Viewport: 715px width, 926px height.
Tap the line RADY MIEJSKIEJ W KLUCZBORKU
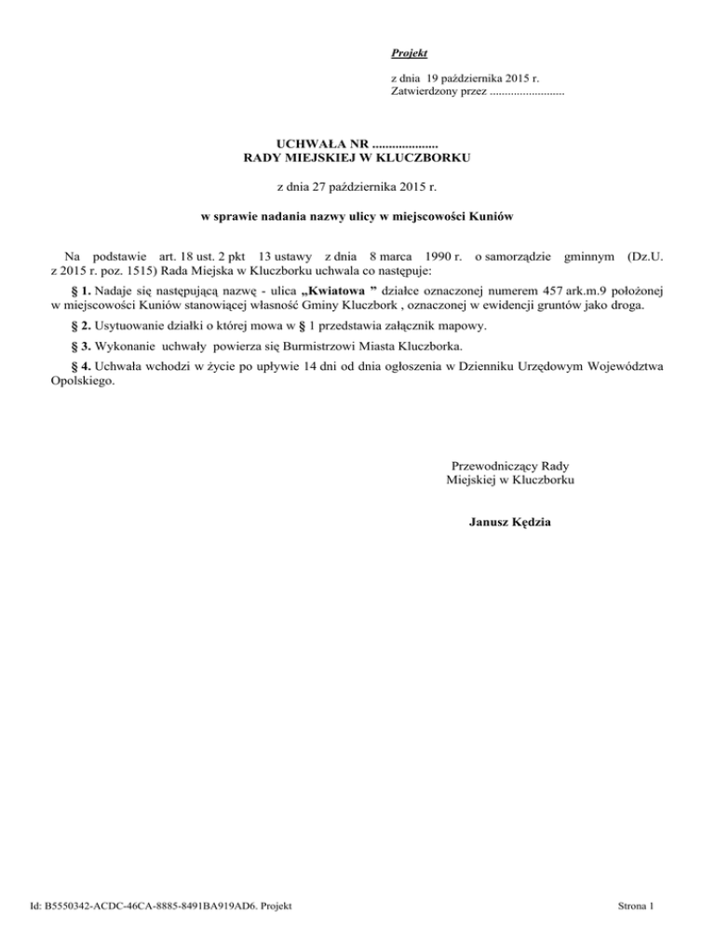[x=357, y=159]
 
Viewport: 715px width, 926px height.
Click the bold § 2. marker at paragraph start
[x=82, y=325]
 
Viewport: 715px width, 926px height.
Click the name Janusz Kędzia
[x=510, y=522]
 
